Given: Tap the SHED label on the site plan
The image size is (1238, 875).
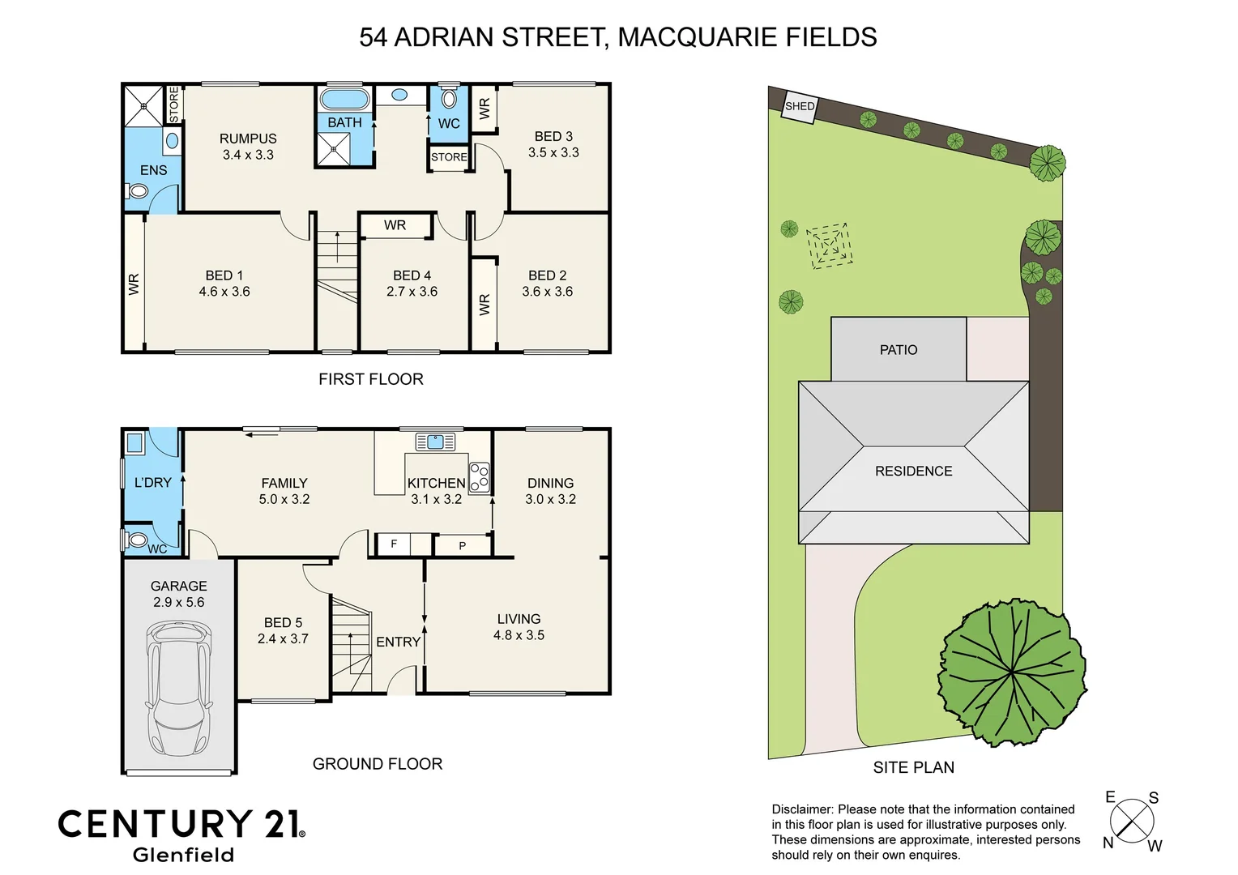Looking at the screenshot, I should (800, 106).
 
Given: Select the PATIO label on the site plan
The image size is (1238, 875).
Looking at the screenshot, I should (899, 350).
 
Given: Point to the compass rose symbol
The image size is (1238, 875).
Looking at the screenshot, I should (1132, 821).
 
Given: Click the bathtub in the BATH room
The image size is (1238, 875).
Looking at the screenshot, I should (345, 100).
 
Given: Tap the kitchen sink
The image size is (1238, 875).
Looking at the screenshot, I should (435, 442).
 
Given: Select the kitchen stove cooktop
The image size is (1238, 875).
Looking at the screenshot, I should (480, 478).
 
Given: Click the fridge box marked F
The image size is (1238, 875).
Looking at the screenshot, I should (395, 544).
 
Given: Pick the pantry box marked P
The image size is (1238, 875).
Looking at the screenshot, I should (463, 545).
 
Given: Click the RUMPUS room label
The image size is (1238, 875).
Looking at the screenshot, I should (248, 139).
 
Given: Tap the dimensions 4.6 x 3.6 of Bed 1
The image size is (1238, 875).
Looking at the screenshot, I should (224, 292).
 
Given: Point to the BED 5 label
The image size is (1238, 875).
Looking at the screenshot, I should (283, 622).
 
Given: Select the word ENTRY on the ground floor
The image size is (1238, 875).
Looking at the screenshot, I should (398, 642).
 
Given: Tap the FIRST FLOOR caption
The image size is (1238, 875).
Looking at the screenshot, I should (370, 379).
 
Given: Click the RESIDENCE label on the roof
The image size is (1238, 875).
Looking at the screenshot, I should (913, 472).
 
